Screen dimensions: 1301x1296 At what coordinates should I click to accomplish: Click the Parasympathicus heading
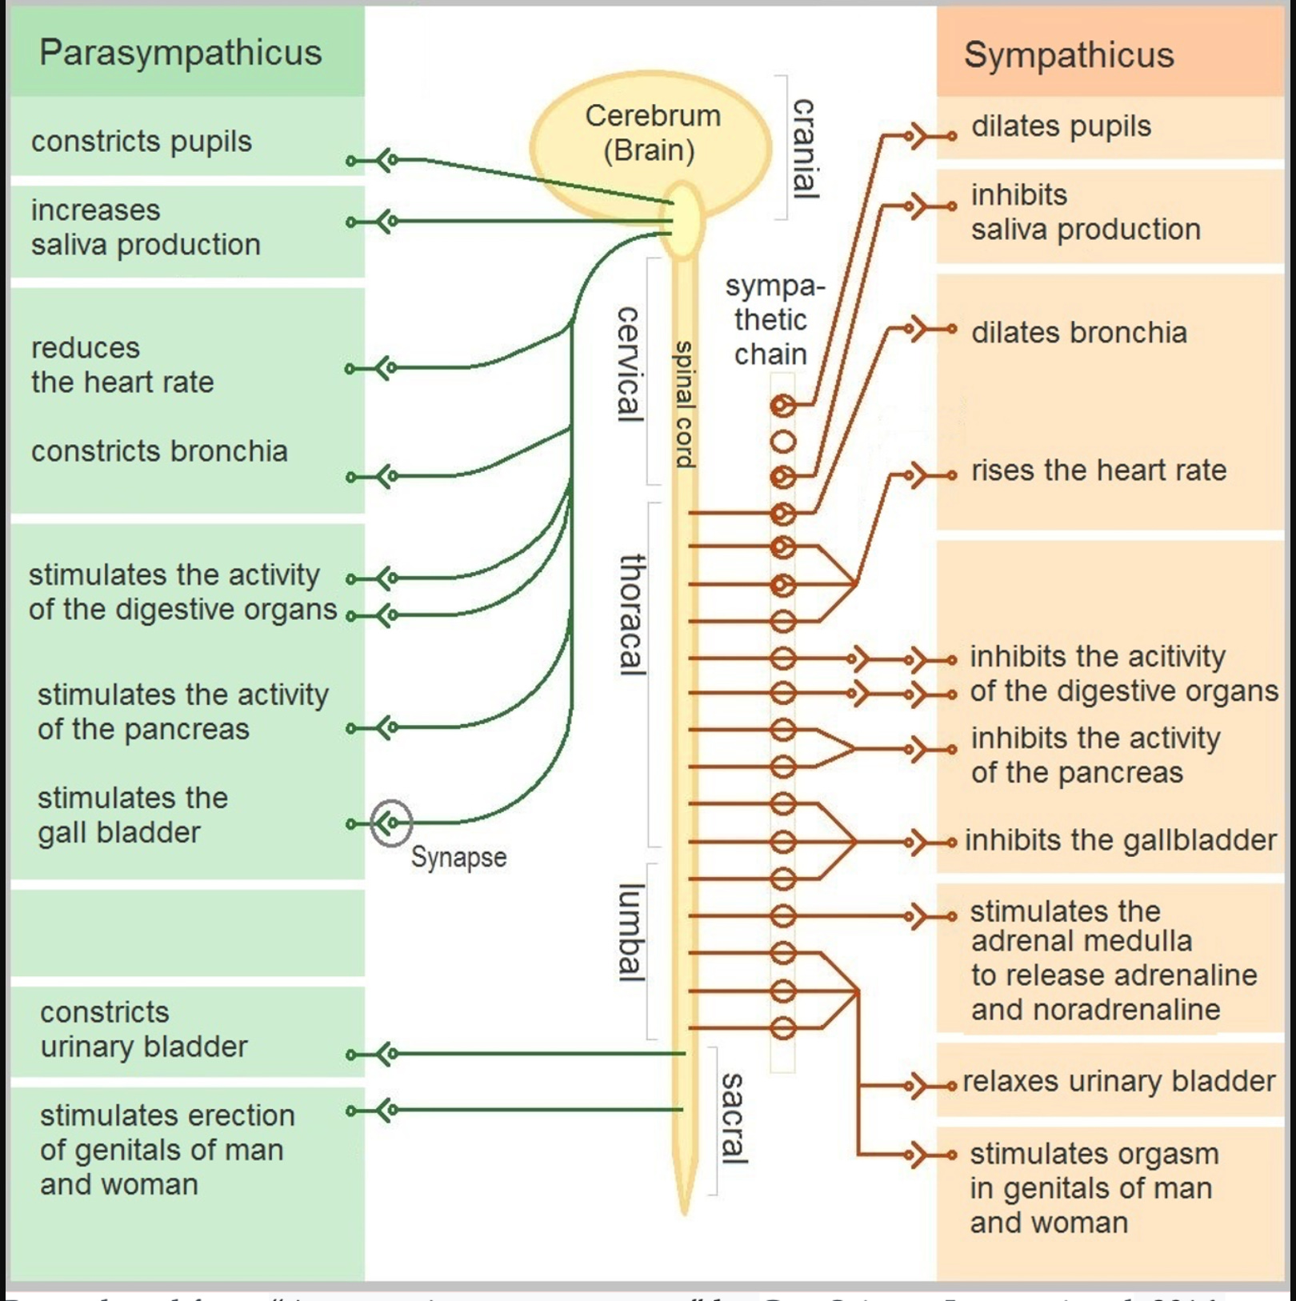180,53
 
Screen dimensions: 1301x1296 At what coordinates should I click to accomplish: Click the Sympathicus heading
1068,55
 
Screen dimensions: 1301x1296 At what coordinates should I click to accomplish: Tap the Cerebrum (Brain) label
652,133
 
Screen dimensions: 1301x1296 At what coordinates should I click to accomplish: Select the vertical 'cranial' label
803,148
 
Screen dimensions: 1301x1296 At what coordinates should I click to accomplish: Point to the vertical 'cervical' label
629,363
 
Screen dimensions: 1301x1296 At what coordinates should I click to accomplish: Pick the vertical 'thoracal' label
632,614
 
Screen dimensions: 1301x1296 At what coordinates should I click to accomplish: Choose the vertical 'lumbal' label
630,932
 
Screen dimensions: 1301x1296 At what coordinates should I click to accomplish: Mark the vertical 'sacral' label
733,1118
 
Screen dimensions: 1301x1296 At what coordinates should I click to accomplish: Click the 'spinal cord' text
684,404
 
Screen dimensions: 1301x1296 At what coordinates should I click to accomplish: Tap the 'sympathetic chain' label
772,320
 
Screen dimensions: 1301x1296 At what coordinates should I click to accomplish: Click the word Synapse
458,857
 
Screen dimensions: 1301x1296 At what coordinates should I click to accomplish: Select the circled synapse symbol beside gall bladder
390,823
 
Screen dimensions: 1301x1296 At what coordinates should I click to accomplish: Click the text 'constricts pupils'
142,142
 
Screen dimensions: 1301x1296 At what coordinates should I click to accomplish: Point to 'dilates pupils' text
1061,126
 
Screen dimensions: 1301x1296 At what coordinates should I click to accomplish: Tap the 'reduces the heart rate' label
122,365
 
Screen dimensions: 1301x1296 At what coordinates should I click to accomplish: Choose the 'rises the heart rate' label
1098,470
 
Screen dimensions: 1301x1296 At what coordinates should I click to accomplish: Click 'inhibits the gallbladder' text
1120,840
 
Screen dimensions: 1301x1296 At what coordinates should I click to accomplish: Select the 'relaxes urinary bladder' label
1118,1081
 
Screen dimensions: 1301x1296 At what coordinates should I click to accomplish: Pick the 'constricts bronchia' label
159,451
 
